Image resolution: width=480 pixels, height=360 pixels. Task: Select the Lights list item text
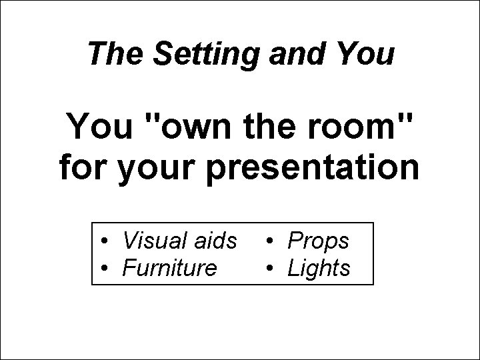tap(318, 269)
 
